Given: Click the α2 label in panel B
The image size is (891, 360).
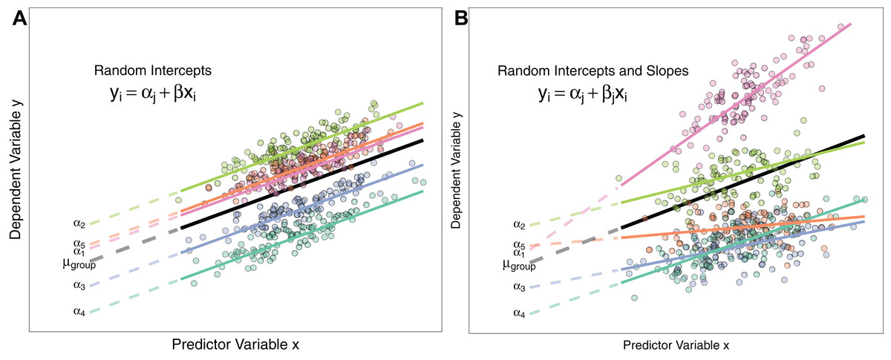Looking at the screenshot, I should (x=519, y=224).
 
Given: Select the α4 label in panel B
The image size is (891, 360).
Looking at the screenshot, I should (x=519, y=313).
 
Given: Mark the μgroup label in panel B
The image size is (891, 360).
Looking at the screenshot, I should (x=519, y=264).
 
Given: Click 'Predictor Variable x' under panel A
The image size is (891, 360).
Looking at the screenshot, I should (x=235, y=345).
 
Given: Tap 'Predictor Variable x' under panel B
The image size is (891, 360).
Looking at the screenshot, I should (x=676, y=346).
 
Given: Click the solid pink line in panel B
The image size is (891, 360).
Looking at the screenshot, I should (x=735, y=104).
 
